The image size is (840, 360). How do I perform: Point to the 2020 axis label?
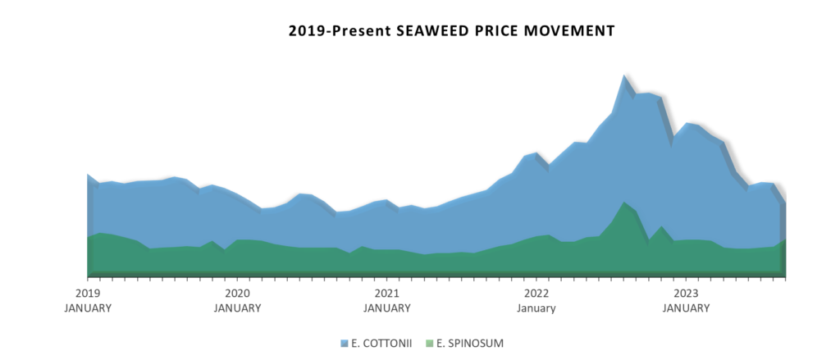(x=237, y=294)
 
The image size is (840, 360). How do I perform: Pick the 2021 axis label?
(x=386, y=294)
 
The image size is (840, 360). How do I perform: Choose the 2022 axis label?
(x=536, y=294)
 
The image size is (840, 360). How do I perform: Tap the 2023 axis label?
(x=686, y=294)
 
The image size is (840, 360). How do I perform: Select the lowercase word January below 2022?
(x=536, y=308)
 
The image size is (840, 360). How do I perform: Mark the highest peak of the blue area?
(x=624, y=76)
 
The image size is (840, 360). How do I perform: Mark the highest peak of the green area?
(x=624, y=203)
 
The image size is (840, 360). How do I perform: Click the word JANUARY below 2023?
(x=686, y=308)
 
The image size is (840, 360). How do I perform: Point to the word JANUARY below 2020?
(x=237, y=308)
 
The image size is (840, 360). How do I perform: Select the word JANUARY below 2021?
(x=386, y=308)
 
